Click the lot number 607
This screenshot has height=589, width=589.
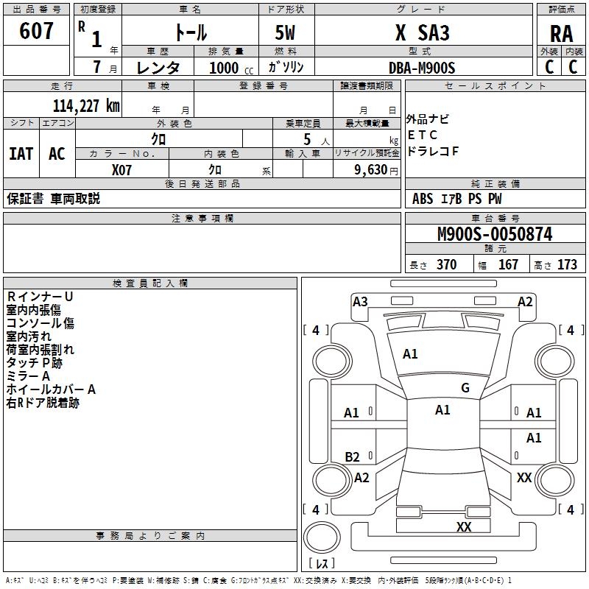[x=36, y=31]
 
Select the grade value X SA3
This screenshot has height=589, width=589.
[x=422, y=32]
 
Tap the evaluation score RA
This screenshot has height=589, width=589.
[x=561, y=34]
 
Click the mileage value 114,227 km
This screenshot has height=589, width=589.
[x=86, y=106]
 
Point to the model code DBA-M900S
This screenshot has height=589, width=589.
[x=422, y=68]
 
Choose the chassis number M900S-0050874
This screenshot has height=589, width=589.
[x=495, y=234]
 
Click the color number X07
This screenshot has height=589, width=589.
[x=121, y=170]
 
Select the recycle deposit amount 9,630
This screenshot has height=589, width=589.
[x=371, y=170]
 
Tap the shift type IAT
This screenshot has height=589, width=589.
[x=21, y=154]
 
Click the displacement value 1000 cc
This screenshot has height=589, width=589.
[x=231, y=68]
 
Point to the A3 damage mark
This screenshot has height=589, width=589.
[x=360, y=302]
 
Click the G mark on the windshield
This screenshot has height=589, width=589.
[x=465, y=388]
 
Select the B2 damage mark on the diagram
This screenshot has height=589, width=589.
[x=352, y=456]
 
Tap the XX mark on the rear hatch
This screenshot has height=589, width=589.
[x=464, y=526]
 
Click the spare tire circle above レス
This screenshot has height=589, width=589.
[x=322, y=537]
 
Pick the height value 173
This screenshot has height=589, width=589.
[x=567, y=265]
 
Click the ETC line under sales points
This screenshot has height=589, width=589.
[x=422, y=135]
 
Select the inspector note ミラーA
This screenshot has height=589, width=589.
[x=28, y=376]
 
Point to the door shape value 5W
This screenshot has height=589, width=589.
[x=285, y=32]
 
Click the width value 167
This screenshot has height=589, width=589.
[x=508, y=265]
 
